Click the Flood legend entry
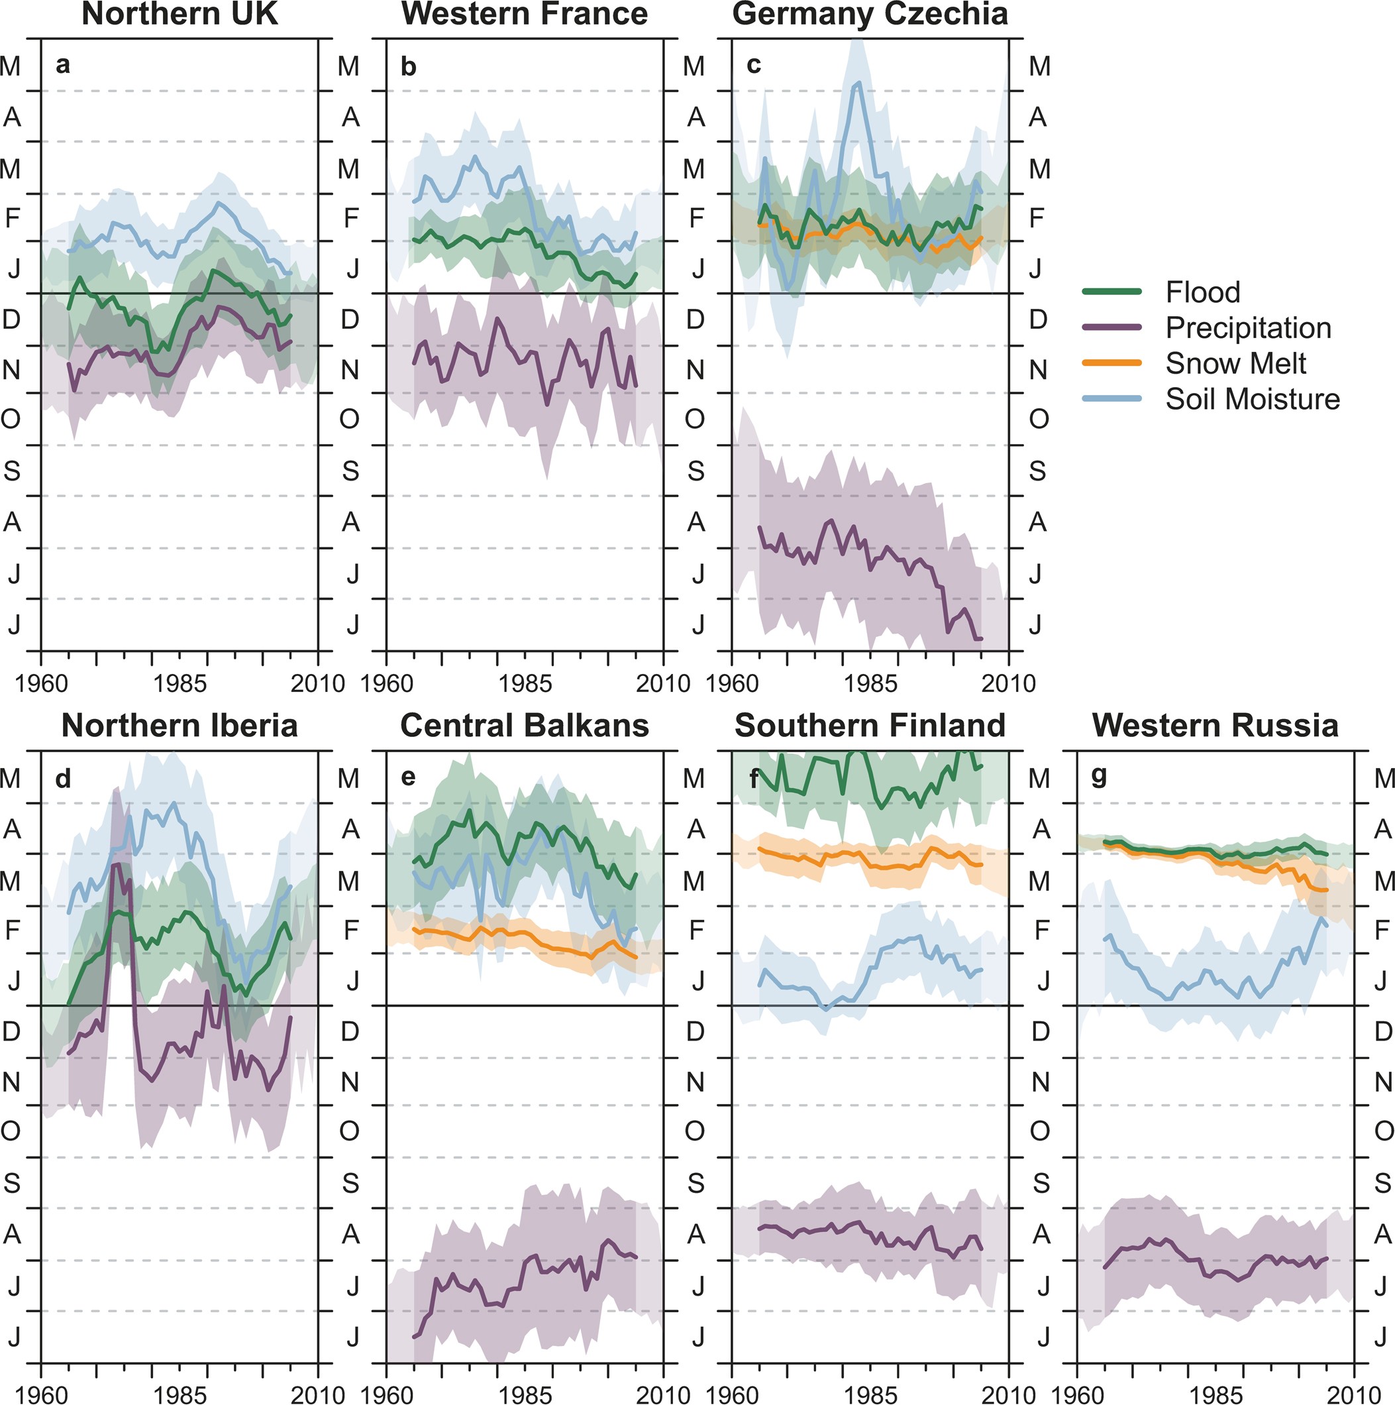click(x=1202, y=292)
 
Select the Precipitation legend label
click(x=1247, y=328)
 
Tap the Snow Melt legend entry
click(x=1235, y=364)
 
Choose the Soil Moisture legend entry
click(x=1252, y=399)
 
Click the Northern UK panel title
click(x=180, y=15)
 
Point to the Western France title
click(x=524, y=15)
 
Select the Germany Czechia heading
click(x=870, y=15)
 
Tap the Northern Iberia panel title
click(x=180, y=726)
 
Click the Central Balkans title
click(x=524, y=726)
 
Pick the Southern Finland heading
click(x=870, y=726)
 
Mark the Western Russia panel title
click(x=1215, y=726)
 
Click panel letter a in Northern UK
click(x=63, y=66)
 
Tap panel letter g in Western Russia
click(x=1099, y=777)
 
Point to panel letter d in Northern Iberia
click(x=63, y=778)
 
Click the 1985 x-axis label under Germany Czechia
click(x=870, y=683)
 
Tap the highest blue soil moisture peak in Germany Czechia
click(x=858, y=84)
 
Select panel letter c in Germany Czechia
click(x=754, y=66)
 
